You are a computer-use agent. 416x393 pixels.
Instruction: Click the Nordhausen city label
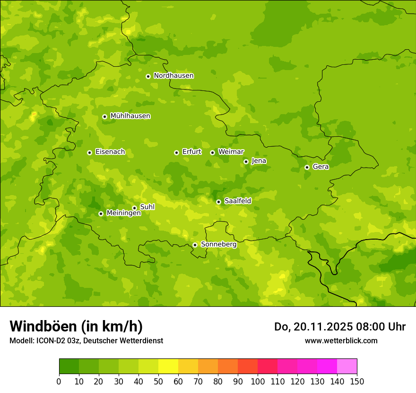coord(173,76)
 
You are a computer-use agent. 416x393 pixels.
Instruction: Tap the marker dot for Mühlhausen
coord(104,116)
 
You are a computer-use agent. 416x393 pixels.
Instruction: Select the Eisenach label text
coord(110,152)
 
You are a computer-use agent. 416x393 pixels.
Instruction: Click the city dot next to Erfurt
coord(176,152)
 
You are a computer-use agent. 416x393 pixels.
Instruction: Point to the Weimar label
coord(231,152)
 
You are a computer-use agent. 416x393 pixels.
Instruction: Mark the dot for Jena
coord(246,161)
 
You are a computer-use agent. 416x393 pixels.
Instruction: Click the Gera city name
coord(321,167)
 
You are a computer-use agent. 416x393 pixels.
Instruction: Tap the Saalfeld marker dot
coord(218,202)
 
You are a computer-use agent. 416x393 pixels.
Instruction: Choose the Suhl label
coord(147,207)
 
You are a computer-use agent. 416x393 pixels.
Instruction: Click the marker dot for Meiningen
coord(101,214)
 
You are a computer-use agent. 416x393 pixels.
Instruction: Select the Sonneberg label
coord(218,244)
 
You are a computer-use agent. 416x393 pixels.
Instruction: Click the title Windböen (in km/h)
coord(76,326)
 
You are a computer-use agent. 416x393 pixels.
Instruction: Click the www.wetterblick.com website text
coord(341,340)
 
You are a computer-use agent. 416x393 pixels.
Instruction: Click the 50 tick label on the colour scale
coord(158,381)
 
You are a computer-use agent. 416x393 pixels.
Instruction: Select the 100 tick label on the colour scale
coord(258,381)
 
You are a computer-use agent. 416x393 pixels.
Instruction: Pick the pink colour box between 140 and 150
coord(347,366)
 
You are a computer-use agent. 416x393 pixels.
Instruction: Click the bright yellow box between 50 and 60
coord(168,366)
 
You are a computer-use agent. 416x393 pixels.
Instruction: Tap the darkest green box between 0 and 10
coord(69,366)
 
